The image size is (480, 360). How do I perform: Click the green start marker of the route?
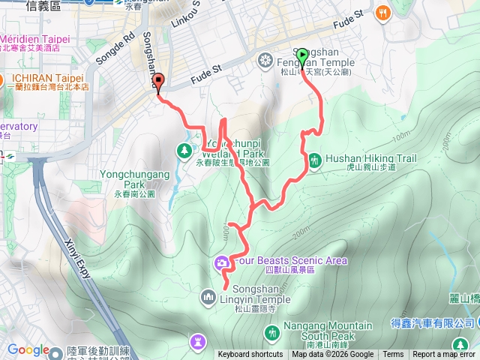tap(302, 57)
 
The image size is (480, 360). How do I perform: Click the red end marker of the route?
tap(157, 82)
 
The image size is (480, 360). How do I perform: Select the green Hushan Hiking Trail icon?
tap(314, 159)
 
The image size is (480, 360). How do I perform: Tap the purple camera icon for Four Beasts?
tap(222, 262)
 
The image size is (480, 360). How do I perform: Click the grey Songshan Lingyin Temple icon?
tap(208, 298)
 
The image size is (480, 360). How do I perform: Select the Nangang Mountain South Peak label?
tap(328, 331)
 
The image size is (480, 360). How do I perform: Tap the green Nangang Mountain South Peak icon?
tap(271, 331)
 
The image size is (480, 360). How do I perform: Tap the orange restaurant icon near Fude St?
tap(383, 13)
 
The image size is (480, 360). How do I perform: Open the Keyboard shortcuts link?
tap(250, 355)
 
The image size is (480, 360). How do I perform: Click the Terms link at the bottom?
tap(393, 355)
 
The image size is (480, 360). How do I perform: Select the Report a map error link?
tap(444, 355)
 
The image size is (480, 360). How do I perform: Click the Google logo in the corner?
tap(28, 349)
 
